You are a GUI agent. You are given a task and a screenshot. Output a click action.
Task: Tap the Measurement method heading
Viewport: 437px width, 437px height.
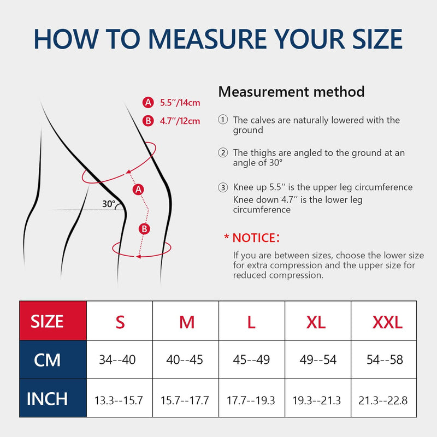[291, 91]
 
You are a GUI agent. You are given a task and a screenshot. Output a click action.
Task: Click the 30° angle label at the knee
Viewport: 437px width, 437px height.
[108, 204]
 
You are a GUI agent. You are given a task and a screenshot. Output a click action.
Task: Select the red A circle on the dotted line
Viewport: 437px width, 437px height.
[138, 190]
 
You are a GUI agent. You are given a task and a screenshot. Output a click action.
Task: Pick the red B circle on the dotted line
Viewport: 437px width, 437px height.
[144, 229]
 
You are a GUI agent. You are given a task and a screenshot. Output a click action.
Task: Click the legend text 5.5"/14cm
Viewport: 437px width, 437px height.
[180, 103]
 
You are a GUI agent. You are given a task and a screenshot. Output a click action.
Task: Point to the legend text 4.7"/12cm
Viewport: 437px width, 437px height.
[180, 121]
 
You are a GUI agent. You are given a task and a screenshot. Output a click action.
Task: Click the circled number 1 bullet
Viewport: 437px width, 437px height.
[223, 120]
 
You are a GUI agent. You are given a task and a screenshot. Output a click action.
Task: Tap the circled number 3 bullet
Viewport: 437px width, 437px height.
[223, 187]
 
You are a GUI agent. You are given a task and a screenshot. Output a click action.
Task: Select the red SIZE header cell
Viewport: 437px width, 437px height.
[53, 321]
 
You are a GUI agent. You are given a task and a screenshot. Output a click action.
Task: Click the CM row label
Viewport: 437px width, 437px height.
[47, 360]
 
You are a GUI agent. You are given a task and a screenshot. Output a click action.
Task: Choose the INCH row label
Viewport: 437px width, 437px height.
[47, 399]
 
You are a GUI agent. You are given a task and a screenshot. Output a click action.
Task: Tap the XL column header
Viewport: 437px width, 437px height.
[316, 322]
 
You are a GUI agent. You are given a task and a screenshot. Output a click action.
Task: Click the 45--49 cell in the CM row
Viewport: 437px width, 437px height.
[251, 359]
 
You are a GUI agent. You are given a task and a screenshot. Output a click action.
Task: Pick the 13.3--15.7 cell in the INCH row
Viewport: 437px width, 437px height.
[119, 400]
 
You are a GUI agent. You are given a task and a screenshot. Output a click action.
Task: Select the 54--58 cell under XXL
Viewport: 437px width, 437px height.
[385, 359]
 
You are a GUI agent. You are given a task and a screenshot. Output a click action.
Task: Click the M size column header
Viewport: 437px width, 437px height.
[187, 322]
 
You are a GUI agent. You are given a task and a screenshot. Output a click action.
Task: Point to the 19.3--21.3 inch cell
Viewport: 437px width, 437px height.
[317, 400]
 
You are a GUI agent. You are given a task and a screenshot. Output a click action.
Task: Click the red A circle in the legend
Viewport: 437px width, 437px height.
[148, 103]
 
